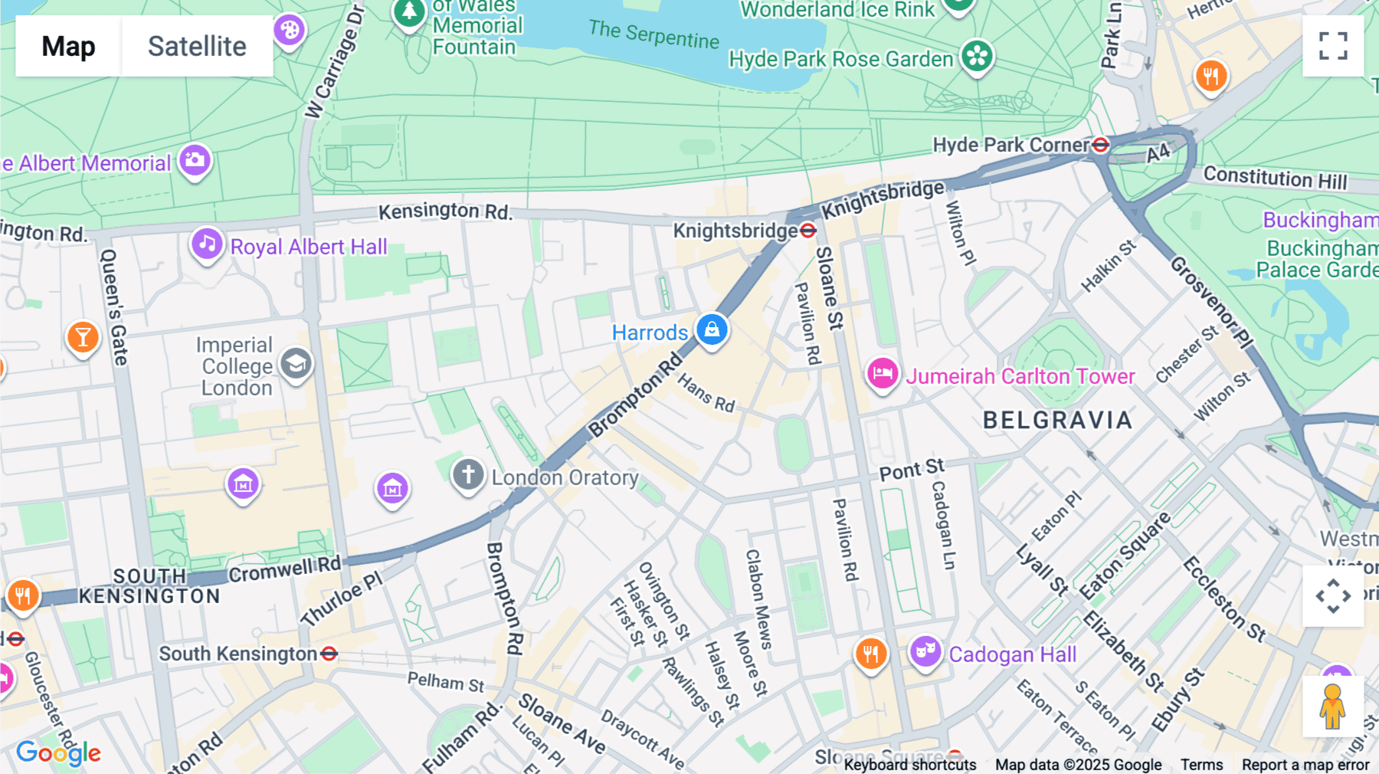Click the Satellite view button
pos(197,46)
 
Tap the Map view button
pos(68,46)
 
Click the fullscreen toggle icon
pos(1333,46)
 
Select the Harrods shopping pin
pos(712,330)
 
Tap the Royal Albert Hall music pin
pos(207,244)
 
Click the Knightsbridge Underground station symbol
pos(807,231)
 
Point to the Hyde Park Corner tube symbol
pos(1100,145)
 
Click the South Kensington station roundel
pos(329,654)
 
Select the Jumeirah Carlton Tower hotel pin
pos(882,374)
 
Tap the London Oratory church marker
pos(468,474)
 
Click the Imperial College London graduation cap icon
pos(296,364)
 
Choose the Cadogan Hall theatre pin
pos(925,652)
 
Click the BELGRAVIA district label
pos(1057,420)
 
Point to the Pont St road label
pos(912,469)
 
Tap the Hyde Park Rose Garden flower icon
pos(977,56)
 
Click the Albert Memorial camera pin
pos(195,160)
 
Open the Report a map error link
pos(1305,765)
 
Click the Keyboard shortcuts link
pos(909,765)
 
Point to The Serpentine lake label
pos(653,34)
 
